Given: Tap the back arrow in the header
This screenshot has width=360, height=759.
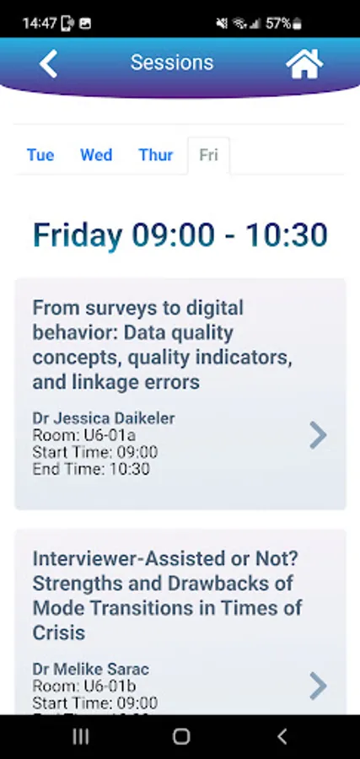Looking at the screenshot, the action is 48,63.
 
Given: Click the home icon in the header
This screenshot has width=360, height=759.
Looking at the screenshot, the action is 304,63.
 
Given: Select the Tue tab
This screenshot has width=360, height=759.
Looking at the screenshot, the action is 40,155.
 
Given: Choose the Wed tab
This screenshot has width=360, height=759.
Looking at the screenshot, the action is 96,155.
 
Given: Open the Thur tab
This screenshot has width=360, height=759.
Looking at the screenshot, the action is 156,155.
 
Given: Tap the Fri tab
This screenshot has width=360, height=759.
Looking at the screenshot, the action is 208,155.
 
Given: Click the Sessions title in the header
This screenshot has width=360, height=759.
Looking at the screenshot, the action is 172,63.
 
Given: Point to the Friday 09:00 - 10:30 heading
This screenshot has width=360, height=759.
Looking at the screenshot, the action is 180,235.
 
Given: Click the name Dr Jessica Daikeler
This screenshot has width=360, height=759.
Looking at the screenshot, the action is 104,418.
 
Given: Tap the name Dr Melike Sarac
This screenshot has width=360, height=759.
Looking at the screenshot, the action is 90,669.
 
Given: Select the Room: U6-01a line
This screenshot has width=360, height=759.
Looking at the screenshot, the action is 84,435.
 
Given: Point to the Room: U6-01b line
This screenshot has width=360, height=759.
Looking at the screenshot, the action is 84,686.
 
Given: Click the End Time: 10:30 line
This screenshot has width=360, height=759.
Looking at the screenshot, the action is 91,469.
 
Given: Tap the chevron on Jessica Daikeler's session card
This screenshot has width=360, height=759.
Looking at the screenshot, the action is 318,435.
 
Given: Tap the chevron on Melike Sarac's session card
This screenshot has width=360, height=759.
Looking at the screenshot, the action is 318,686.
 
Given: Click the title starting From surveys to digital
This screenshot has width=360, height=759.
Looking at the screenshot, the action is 163,345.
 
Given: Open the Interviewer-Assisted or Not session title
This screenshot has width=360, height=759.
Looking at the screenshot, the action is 168,595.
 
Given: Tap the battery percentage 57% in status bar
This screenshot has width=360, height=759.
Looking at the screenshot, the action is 278,23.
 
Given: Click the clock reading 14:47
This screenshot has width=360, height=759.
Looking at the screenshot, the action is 40,23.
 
